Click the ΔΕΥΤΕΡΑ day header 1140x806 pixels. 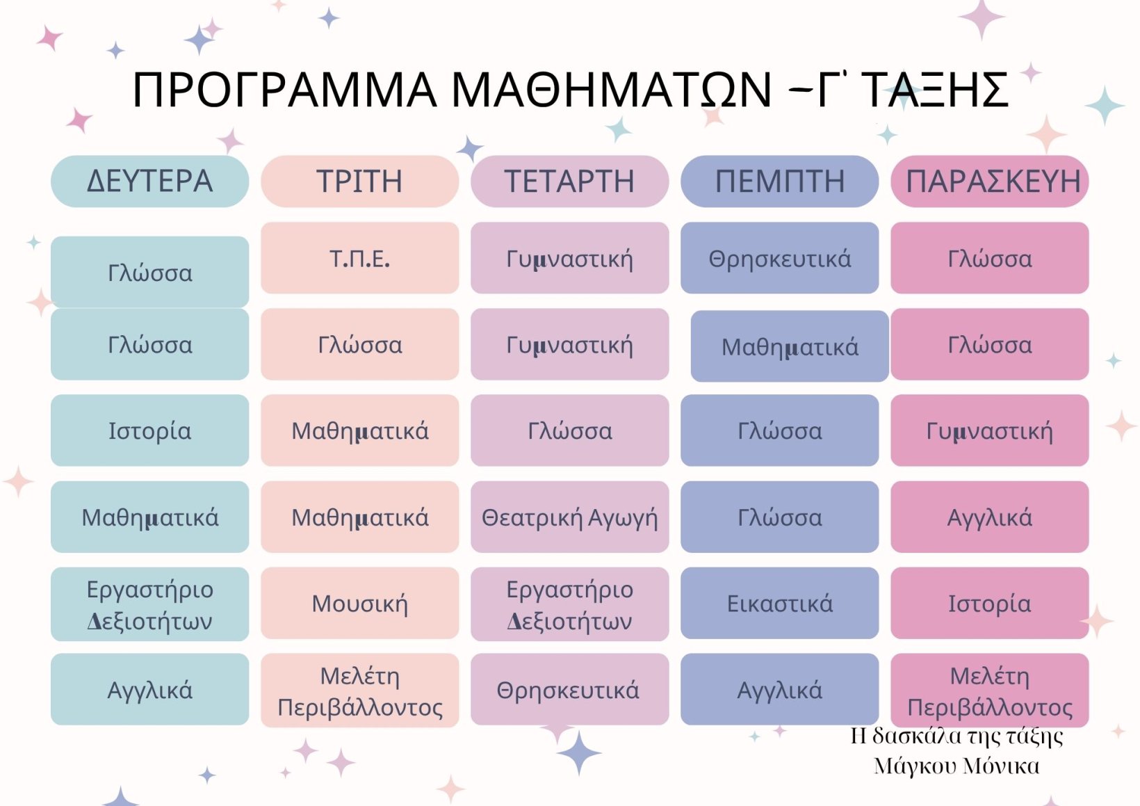click(x=149, y=182)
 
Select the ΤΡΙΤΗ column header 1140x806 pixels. click(x=360, y=182)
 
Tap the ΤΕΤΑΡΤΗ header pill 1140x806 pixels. click(x=569, y=182)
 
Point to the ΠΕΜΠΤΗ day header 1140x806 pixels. click(x=780, y=182)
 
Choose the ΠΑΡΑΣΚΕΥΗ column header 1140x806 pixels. click(x=990, y=182)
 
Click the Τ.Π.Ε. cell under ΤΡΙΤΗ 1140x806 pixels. click(x=360, y=257)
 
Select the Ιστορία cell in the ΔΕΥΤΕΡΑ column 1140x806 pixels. click(x=149, y=430)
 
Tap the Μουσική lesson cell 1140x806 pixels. click(x=360, y=603)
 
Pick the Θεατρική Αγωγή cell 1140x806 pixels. click(x=569, y=517)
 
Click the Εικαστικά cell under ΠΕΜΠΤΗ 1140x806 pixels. click(x=780, y=603)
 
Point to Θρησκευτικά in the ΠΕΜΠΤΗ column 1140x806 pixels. click(x=780, y=257)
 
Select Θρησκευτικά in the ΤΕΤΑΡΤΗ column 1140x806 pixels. click(x=569, y=689)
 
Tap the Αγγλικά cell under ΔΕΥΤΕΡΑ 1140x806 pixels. click(x=149, y=689)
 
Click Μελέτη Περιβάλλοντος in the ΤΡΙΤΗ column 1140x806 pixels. click(x=360, y=691)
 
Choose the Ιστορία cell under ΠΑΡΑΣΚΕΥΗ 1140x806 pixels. click(x=990, y=603)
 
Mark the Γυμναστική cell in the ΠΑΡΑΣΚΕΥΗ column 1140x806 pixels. click(x=990, y=430)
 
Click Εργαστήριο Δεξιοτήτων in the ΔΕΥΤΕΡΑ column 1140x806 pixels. click(x=149, y=604)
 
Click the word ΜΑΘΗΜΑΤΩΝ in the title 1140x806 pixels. click(x=611, y=90)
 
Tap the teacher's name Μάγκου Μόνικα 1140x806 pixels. click(x=956, y=766)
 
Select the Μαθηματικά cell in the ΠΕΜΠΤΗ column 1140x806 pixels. click(x=790, y=346)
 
